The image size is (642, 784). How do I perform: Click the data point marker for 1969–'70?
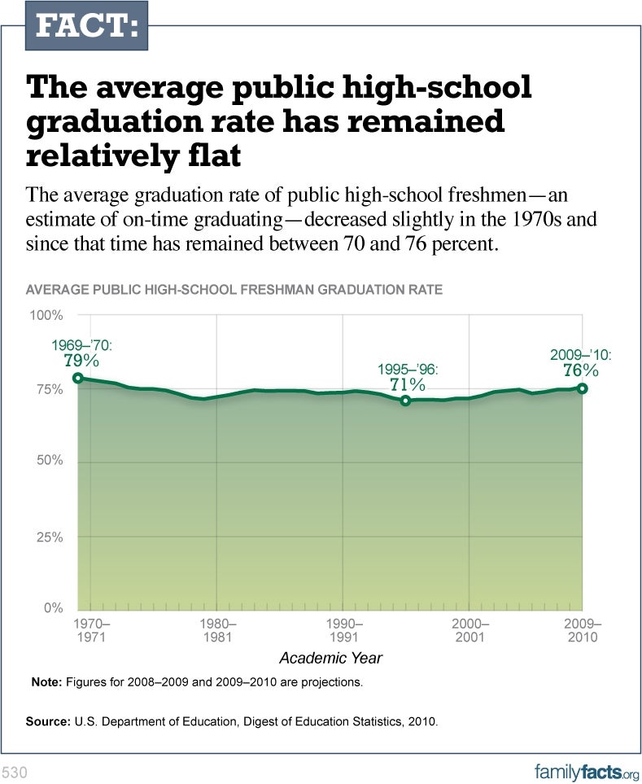[78, 378]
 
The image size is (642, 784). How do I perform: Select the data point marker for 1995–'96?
[406, 401]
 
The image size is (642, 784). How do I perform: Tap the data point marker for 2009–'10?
[582, 388]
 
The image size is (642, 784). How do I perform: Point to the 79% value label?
[81, 360]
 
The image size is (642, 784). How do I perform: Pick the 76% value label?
[581, 370]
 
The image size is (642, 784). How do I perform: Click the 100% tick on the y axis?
[47, 315]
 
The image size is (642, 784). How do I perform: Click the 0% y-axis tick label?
[54, 608]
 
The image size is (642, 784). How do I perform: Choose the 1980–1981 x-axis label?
[217, 630]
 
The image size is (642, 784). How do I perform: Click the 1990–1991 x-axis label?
[343, 630]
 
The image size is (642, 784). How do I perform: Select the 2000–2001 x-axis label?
[469, 630]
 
